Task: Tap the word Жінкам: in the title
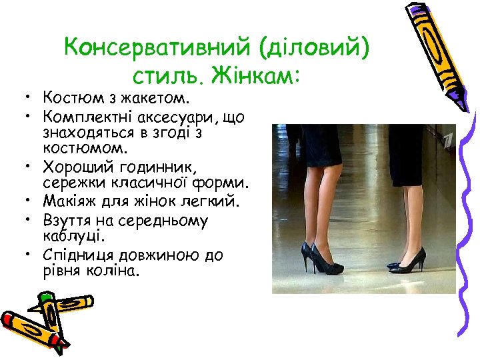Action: coord(253,76)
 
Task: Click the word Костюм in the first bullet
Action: coord(65,99)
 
